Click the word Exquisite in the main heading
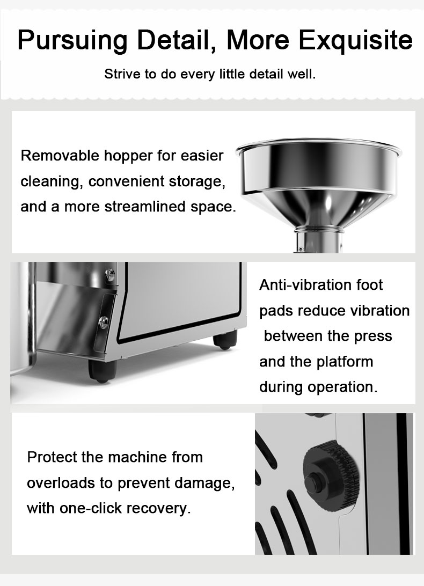[x=355, y=40]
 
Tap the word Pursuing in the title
[x=72, y=40]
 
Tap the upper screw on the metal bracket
[x=111, y=275]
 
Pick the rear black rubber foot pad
[x=225, y=340]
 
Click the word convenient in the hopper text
[x=126, y=181]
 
